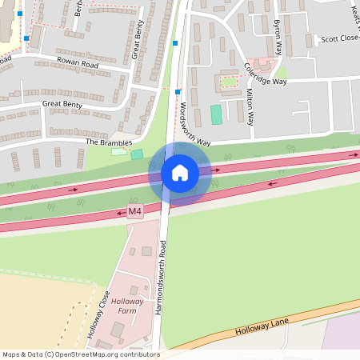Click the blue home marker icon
pyautogui.click(x=179, y=173)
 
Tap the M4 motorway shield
pyautogui.click(x=134, y=212)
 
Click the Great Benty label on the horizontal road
pyautogui.click(x=62, y=103)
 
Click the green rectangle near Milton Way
pyautogui.click(x=216, y=114)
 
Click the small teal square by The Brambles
pyautogui.click(x=137, y=154)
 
